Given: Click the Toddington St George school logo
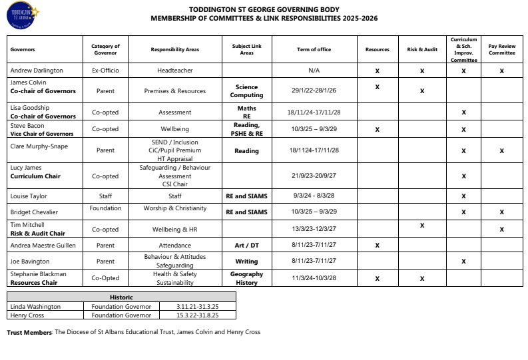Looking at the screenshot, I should pos(22,17).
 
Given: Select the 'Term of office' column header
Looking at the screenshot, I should pos(314,50).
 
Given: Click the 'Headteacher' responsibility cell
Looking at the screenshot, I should pos(175,70).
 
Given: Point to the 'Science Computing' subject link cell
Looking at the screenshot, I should pos(246,91).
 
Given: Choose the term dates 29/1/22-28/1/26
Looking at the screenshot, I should pos(314,91).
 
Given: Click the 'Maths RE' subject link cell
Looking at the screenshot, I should pos(246,112).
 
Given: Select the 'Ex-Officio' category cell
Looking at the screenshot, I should pos(105,70).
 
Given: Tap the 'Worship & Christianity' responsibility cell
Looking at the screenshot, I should pos(175,208).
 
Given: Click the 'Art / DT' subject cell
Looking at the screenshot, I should pos(246,246).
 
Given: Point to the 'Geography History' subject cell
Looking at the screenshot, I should pos(246,278).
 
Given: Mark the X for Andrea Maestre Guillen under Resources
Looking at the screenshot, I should pos(377,246).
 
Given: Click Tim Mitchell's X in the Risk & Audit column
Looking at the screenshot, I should pos(422,226).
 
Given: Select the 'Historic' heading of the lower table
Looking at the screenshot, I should pos(121,297).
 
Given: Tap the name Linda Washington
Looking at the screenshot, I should pos(35,307).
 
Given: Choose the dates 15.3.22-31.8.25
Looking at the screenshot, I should pos(197,315).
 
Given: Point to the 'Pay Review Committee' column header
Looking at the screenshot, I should pos(501,50).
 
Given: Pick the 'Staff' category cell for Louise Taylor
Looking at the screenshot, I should pos(105,196).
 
